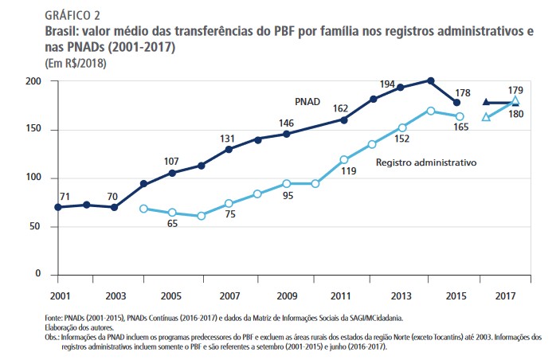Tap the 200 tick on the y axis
(33, 81)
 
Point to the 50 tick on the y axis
(36, 226)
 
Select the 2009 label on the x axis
(287, 296)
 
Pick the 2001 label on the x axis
(57, 296)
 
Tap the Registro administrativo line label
(425, 162)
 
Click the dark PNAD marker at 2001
(57, 207)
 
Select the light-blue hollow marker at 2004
(143, 209)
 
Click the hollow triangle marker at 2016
(487, 117)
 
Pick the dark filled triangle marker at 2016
(487, 102)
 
